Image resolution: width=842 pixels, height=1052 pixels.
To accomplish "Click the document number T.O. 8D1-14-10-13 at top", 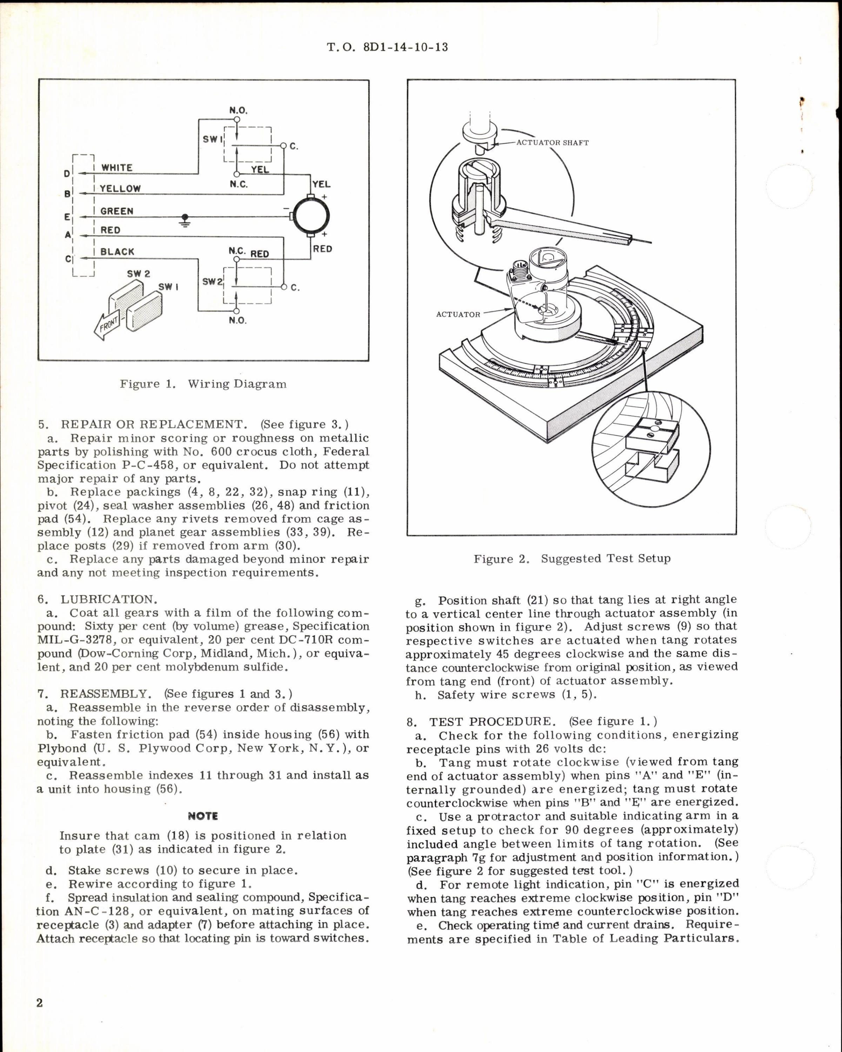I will click(387, 47).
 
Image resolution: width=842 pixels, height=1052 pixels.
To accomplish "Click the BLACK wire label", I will click(117, 252).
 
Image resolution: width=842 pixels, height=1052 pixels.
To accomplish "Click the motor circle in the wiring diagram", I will click(311, 216).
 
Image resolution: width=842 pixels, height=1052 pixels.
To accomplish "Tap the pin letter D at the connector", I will click(67, 173).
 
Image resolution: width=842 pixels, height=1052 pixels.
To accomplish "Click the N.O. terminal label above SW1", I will click(238, 110).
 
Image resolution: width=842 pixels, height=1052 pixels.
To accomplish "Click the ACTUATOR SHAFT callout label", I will click(552, 143).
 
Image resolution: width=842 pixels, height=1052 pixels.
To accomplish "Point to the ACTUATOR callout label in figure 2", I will click(458, 314).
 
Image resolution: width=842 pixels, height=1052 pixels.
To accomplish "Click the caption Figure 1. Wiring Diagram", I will click(203, 384).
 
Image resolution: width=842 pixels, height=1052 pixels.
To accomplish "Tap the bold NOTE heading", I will click(203, 816).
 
